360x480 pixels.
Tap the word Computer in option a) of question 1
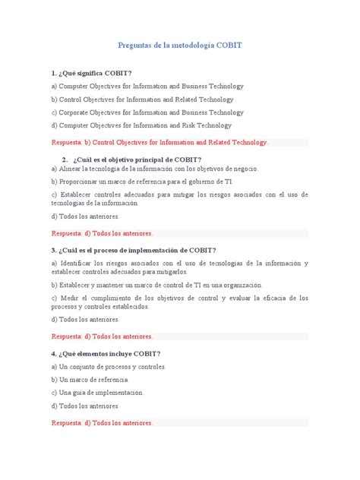pos(76,86)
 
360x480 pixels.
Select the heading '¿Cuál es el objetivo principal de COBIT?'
pos(145,159)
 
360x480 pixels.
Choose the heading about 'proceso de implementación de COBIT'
pos(134,250)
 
